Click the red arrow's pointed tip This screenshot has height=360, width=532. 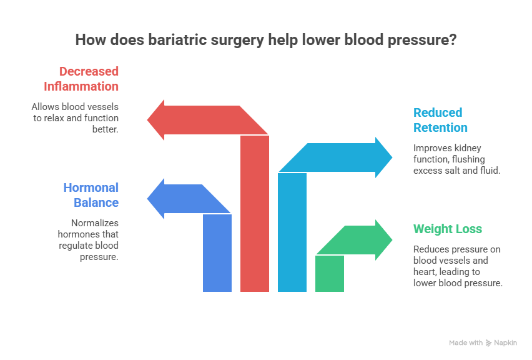148,119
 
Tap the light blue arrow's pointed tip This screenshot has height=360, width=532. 392,157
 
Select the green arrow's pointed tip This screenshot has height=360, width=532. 392,239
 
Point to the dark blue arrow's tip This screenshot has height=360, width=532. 148,199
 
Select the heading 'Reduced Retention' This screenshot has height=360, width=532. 440,120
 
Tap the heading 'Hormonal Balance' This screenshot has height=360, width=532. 91,195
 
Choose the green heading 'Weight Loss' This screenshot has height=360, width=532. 448,229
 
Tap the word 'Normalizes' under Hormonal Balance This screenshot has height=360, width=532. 96,223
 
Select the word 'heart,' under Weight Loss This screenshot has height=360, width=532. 425,272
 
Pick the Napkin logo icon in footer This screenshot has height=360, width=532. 489,343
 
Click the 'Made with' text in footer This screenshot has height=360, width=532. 466,343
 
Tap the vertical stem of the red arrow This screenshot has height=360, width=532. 255,212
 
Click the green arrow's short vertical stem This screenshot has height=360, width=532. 330,274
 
